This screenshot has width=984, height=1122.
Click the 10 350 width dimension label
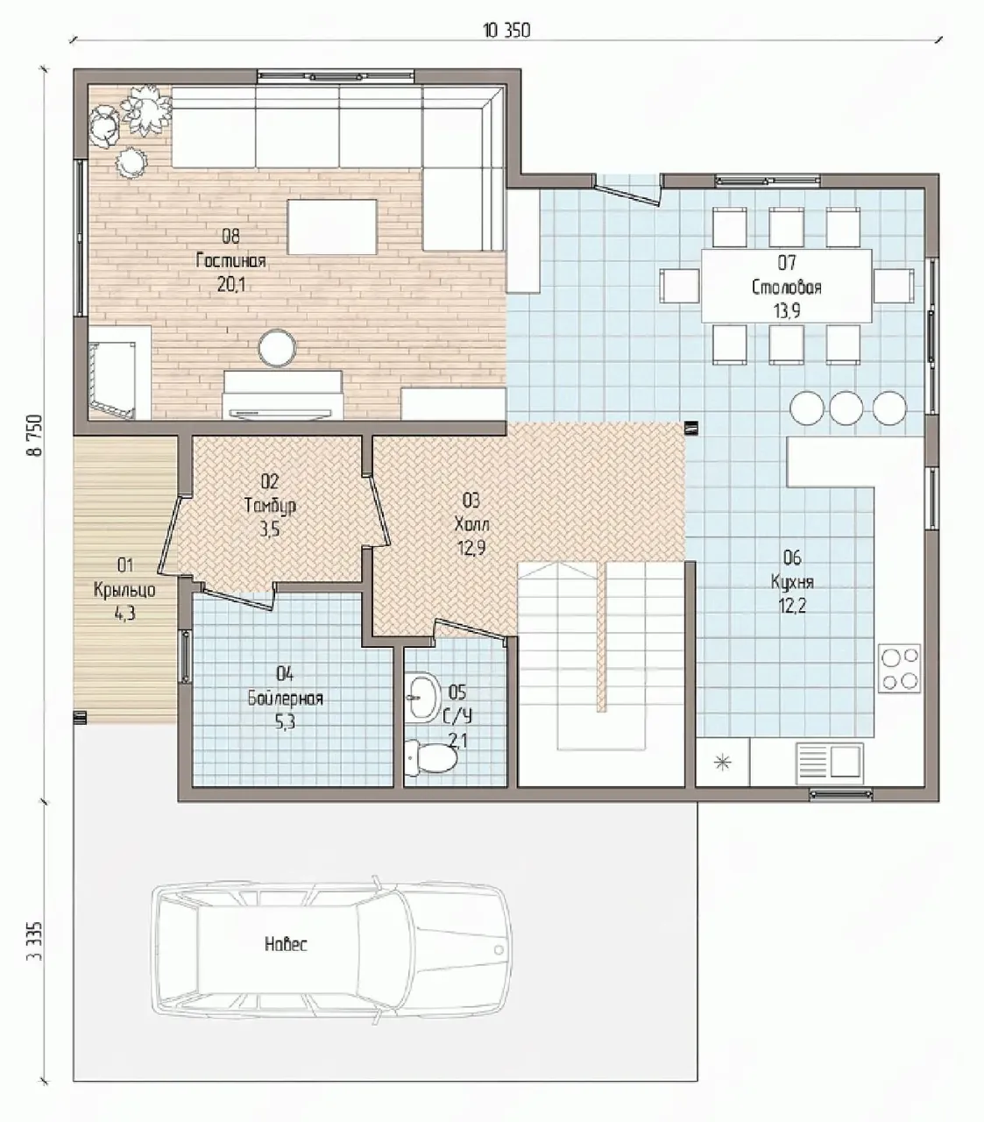[x=506, y=31]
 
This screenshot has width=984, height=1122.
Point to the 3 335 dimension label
[x=34, y=941]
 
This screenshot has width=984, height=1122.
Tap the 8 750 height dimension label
[x=35, y=435]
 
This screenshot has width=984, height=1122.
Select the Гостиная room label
[x=231, y=260]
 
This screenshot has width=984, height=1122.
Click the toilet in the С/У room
[x=431, y=757]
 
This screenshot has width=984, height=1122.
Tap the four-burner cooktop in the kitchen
[x=899, y=669]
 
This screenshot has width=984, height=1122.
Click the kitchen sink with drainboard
[x=830, y=761]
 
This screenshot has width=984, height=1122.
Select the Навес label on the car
[x=286, y=944]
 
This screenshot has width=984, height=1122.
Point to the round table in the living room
[x=278, y=348]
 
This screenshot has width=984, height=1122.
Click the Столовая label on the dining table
[x=786, y=288]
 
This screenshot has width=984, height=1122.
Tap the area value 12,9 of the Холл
[x=471, y=548]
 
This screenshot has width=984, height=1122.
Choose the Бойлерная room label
[x=285, y=699]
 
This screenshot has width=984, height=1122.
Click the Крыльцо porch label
[x=124, y=590]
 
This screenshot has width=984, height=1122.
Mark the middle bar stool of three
[x=846, y=408]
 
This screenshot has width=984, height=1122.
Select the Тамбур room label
[x=270, y=506]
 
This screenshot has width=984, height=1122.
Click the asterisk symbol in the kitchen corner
[x=722, y=763]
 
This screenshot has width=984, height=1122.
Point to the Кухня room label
[x=792, y=582]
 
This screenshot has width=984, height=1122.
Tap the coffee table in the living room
[x=332, y=227]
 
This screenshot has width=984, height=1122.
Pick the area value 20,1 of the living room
[x=231, y=285]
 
